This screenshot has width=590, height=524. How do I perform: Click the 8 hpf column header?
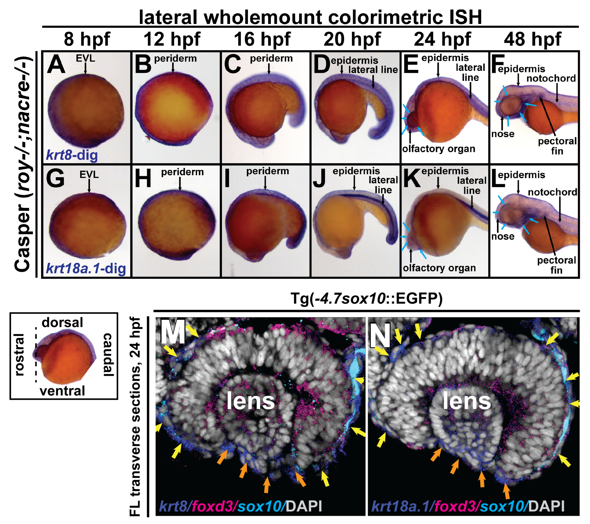tap(87, 39)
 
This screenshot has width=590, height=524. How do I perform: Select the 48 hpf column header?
tap(533, 39)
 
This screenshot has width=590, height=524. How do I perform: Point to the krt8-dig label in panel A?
tap(72, 155)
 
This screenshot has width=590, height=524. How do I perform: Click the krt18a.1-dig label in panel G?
tap(86, 268)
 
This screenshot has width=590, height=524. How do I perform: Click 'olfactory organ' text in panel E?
tap(439, 149)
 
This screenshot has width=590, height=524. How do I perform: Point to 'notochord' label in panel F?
tap(551, 78)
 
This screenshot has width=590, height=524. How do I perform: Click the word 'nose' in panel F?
tap(503, 134)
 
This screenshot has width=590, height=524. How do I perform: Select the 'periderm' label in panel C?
tap(271, 59)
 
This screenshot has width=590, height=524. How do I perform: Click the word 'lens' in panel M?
tap(251, 401)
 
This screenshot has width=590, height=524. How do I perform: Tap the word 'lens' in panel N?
tap(466, 401)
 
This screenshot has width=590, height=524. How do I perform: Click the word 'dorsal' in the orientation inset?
tap(62, 322)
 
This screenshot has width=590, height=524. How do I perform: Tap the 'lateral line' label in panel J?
tap(383, 185)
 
